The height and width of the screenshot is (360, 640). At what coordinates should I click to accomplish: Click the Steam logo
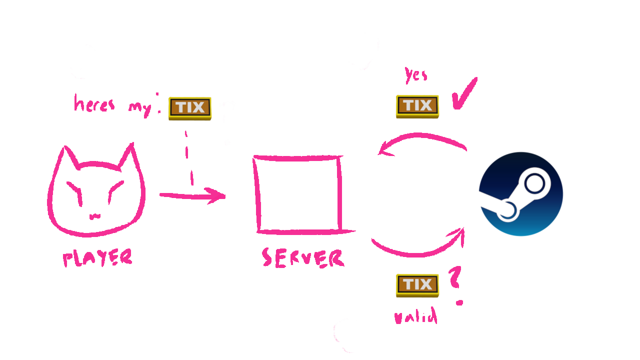pyautogui.click(x=521, y=194)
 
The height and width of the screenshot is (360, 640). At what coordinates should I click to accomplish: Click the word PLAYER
pyautogui.click(x=97, y=258)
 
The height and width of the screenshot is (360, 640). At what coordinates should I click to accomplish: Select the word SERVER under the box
pyautogui.click(x=303, y=258)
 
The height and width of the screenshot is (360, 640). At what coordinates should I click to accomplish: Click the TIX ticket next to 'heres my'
pyautogui.click(x=190, y=108)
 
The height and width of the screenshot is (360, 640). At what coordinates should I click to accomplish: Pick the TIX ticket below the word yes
pyautogui.click(x=417, y=106)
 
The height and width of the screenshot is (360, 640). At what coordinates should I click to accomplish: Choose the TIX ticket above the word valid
pyautogui.click(x=417, y=285)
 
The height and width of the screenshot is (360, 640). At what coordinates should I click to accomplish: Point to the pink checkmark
pyautogui.click(x=464, y=94)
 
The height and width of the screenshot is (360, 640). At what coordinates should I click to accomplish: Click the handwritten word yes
pyautogui.click(x=416, y=75)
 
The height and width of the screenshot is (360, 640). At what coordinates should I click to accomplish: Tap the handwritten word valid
pyautogui.click(x=416, y=316)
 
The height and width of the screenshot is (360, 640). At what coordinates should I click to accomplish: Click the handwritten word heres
pyautogui.click(x=94, y=104)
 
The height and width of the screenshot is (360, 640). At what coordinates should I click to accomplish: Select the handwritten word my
pyautogui.click(x=140, y=108)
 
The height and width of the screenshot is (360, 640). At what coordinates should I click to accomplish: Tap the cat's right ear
pyautogui.click(x=128, y=155)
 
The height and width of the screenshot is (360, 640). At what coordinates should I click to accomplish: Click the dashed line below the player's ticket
pyautogui.click(x=189, y=157)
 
